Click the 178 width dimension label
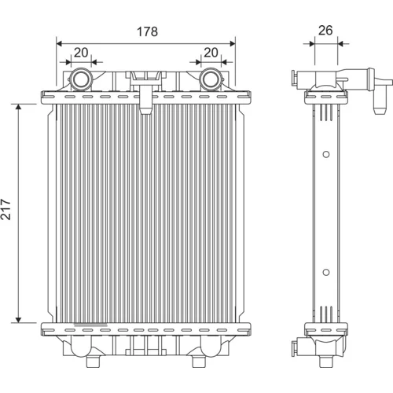pyautogui.click(x=147, y=31)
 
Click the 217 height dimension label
pyautogui.click(x=6, y=209)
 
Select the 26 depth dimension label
pyautogui.click(x=325, y=31)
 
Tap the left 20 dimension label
pyautogui.click(x=81, y=53)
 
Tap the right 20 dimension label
pyautogui.click(x=211, y=53)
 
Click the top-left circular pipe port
pyautogui.click(x=81, y=79)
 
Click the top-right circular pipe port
pyautogui.click(x=211, y=79)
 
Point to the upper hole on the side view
pyautogui.click(x=326, y=154)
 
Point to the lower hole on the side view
pyautogui.click(x=326, y=273)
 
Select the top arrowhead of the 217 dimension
pyautogui.click(x=18, y=107)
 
